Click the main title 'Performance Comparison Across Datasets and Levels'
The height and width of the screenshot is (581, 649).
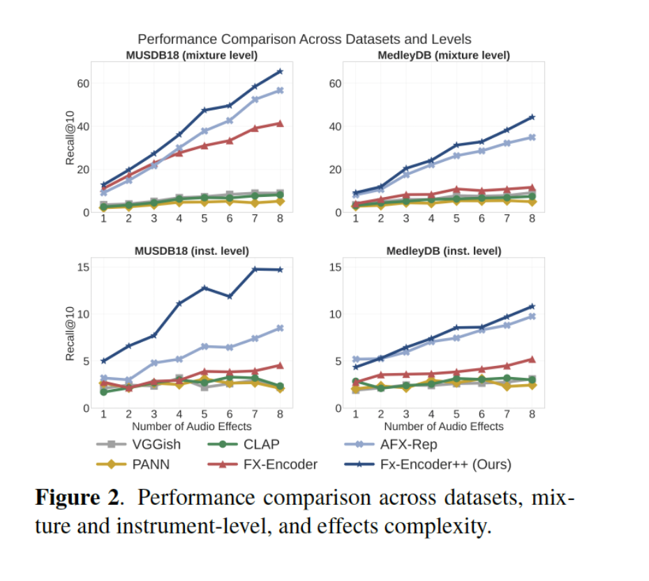[x=304, y=39]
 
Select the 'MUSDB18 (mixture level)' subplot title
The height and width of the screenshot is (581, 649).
[x=192, y=54]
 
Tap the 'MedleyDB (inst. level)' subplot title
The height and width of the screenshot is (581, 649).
[x=444, y=251]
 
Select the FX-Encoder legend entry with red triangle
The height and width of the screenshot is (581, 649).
[x=269, y=464]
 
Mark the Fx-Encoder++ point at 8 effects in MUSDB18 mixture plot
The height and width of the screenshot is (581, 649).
[x=280, y=71]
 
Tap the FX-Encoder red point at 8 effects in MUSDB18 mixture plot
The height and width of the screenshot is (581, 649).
[x=280, y=123]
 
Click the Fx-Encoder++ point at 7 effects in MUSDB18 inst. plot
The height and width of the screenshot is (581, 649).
[x=255, y=269]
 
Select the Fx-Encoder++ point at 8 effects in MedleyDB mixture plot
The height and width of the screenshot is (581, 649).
[x=532, y=117]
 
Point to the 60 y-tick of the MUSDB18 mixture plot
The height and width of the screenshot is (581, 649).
[x=83, y=83]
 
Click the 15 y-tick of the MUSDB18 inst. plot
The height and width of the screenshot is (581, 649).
[x=83, y=267]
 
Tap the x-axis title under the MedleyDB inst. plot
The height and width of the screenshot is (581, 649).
[x=444, y=426]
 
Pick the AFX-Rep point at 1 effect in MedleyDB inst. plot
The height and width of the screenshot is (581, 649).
[x=355, y=359]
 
